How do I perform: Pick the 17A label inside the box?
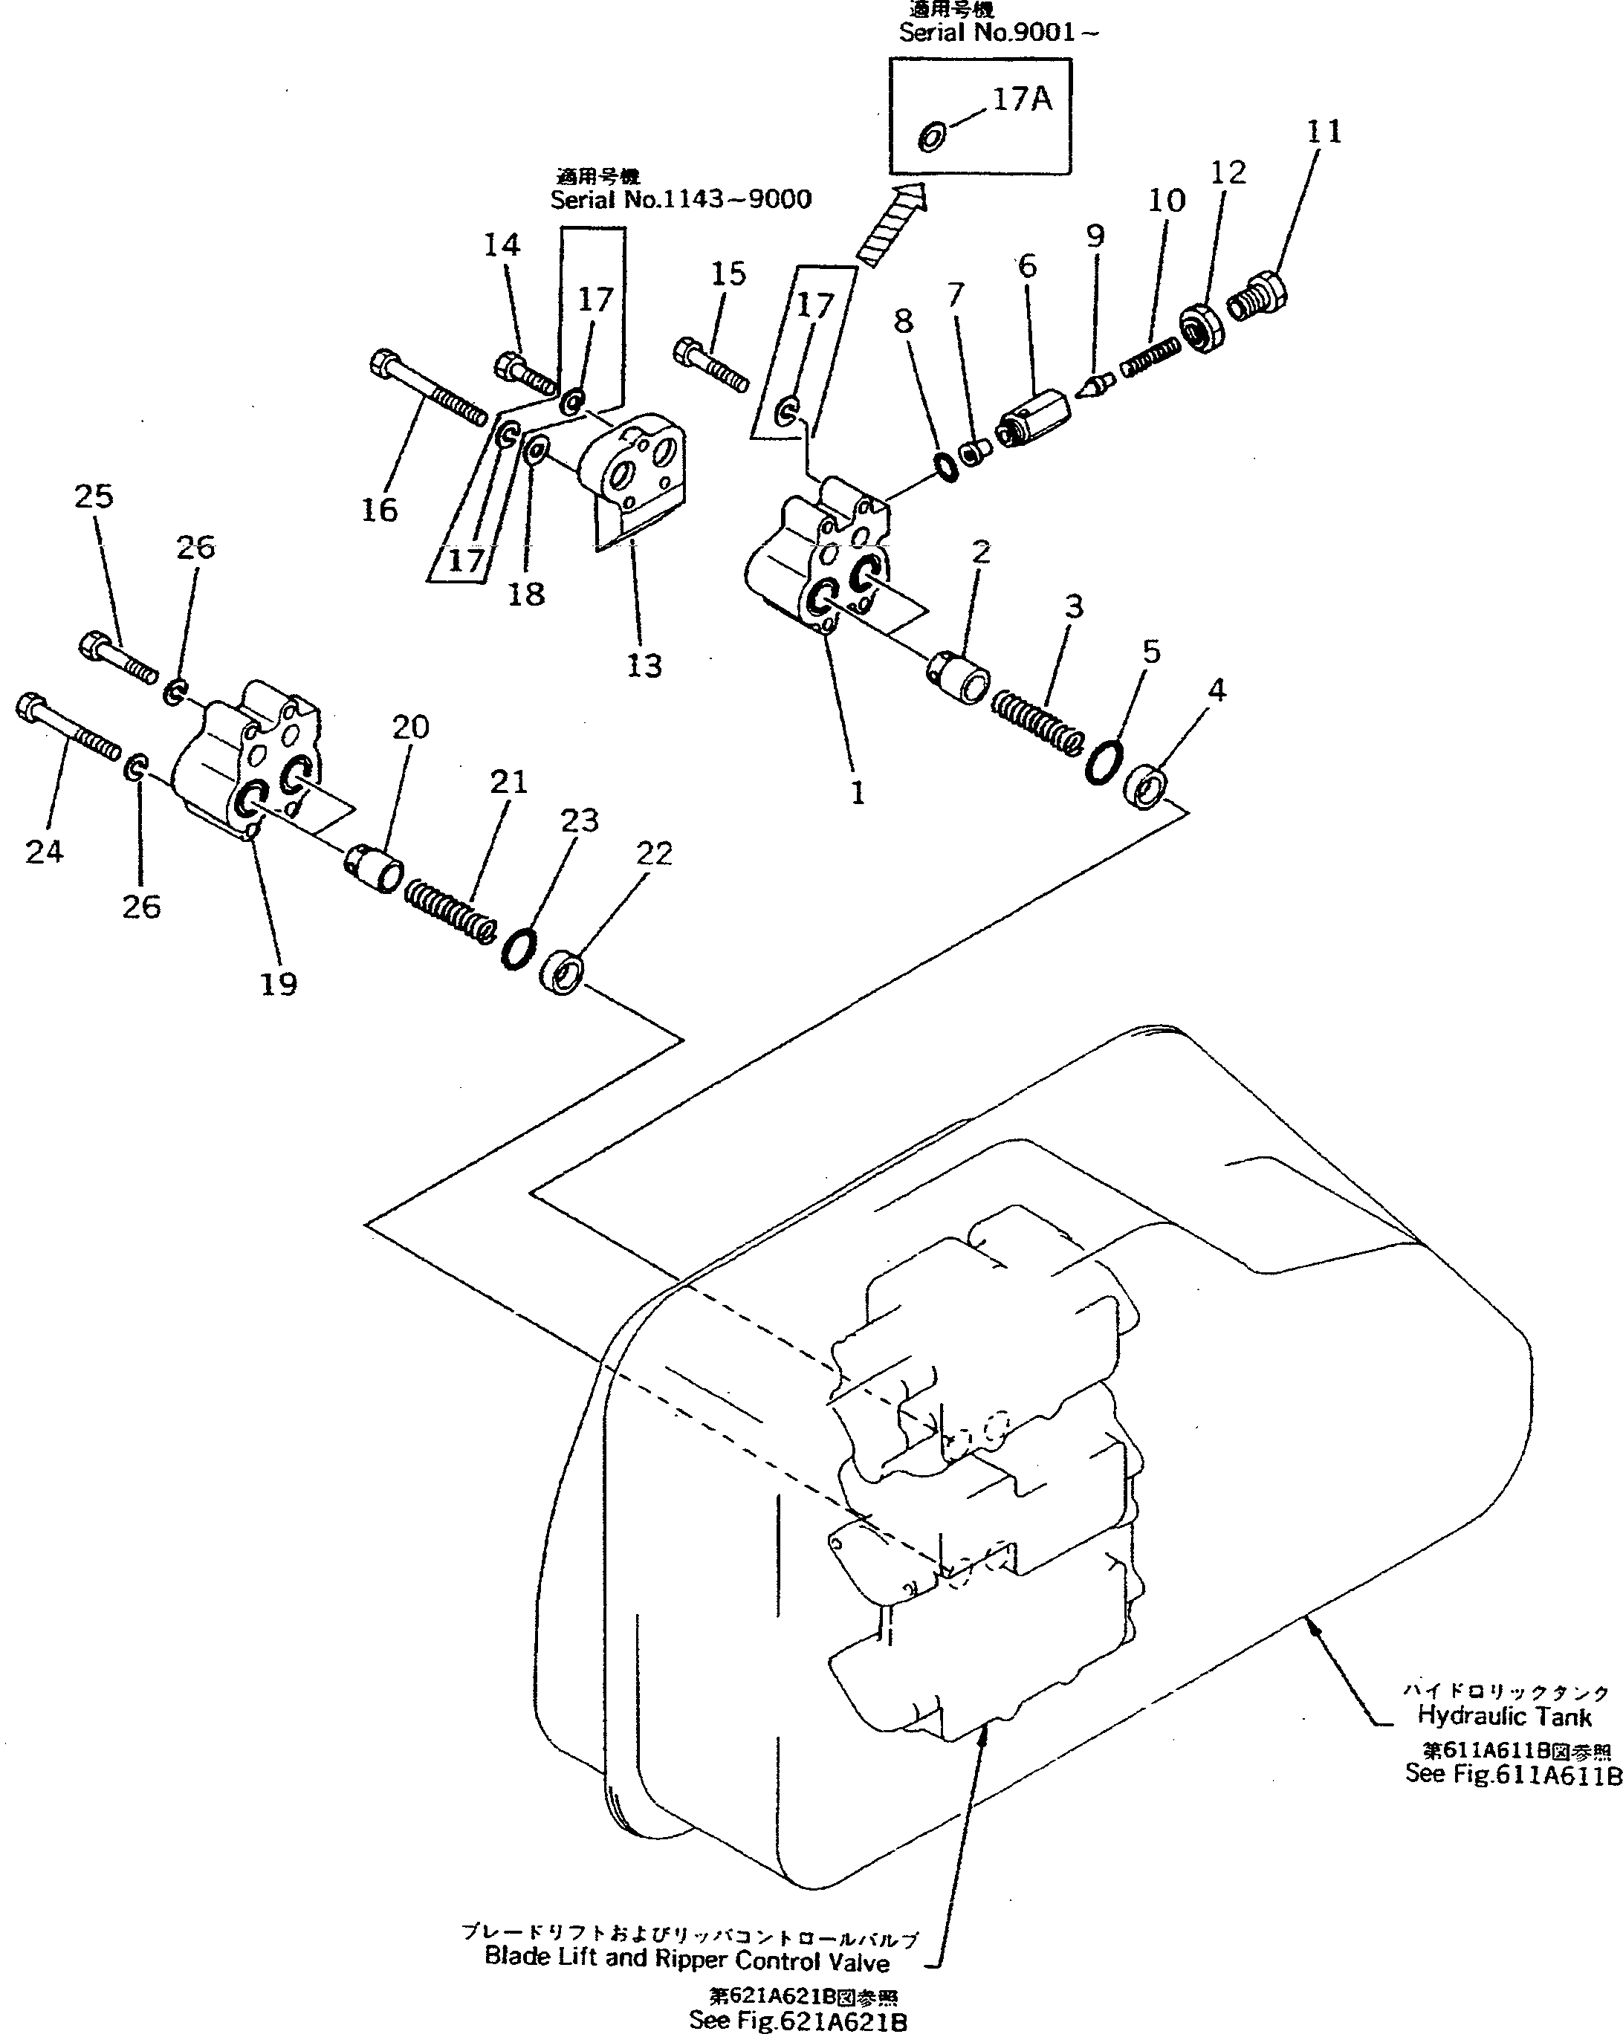point(1022,99)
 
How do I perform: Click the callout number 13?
point(644,666)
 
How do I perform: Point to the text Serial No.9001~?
point(998,33)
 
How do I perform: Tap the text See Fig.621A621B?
point(797,2021)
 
